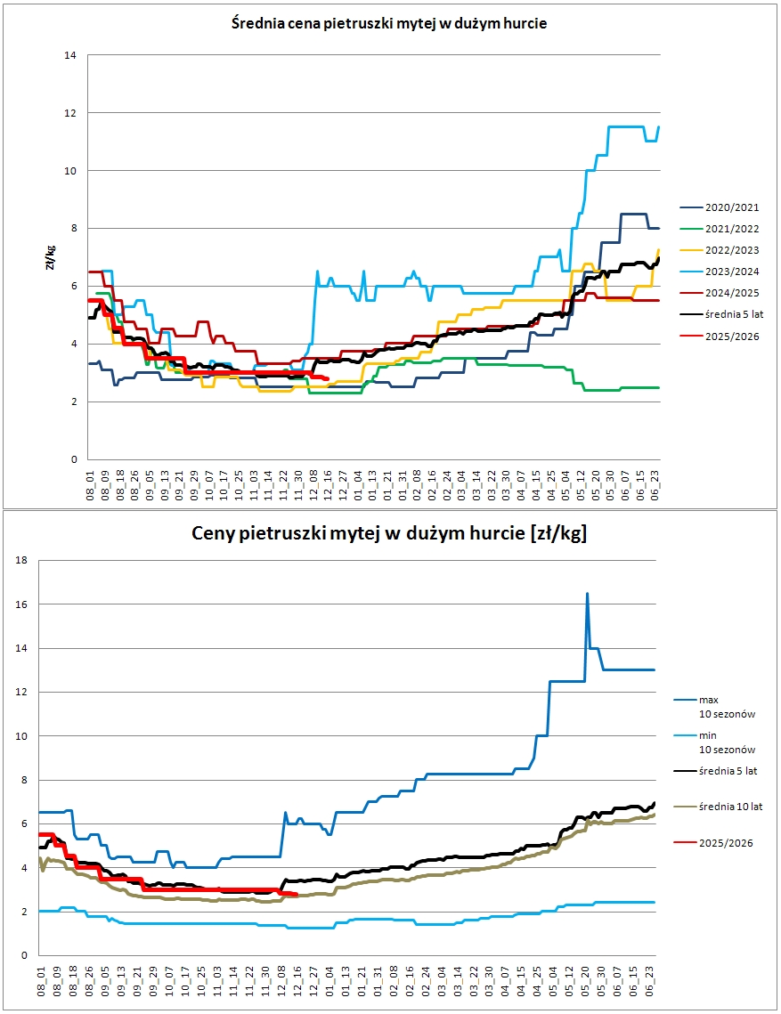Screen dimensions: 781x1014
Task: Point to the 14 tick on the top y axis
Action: pyautogui.click(x=70, y=55)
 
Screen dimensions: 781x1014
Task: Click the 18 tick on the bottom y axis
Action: pyautogui.click(x=21, y=560)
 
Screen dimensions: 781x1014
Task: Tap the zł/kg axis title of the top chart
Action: pyautogui.click(x=51, y=257)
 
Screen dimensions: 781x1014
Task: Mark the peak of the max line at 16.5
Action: pyautogui.click(x=587, y=593)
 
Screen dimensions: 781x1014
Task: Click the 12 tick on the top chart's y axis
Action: pyautogui.click(x=70, y=113)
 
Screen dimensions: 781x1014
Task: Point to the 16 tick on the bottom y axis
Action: pyautogui.click(x=21, y=604)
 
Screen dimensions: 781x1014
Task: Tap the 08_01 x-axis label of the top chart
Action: pyautogui.click(x=91, y=486)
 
